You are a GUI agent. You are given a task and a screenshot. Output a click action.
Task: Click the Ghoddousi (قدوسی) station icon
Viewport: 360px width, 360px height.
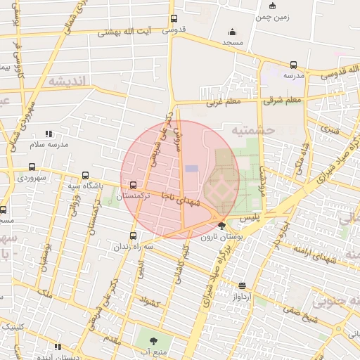point(174,19)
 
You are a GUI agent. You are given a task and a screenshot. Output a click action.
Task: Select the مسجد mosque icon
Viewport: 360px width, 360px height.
point(233,32)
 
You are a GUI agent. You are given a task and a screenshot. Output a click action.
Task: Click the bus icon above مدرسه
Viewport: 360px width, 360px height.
point(294,65)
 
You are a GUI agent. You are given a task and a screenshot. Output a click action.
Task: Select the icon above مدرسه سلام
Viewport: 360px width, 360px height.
point(49,133)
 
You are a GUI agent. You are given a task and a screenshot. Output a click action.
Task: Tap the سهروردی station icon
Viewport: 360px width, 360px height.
point(32,167)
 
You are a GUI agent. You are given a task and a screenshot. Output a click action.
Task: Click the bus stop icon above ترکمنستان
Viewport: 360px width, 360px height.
point(133,184)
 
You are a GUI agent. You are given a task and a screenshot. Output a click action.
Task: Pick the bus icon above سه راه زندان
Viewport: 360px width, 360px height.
point(134,236)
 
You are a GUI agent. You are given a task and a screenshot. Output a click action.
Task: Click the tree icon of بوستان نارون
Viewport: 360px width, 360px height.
point(223,226)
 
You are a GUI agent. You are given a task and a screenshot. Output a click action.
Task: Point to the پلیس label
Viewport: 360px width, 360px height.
point(250,219)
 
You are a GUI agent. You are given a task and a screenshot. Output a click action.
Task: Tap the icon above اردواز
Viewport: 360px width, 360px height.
point(243,285)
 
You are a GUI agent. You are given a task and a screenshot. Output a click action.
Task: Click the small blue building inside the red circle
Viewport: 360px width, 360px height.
point(191,169)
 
